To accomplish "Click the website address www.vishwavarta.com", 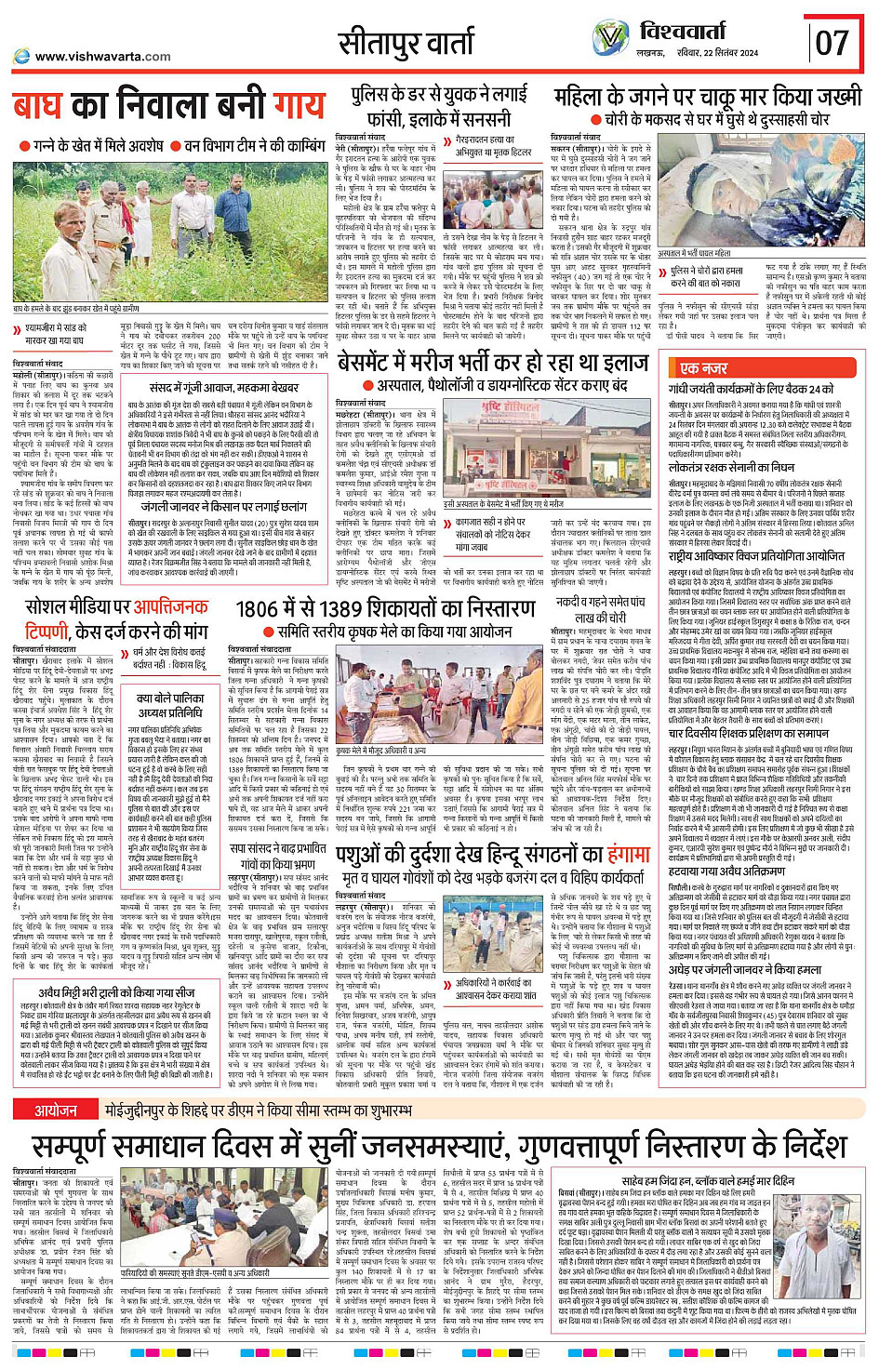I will click(102, 57).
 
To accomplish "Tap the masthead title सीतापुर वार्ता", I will click(406, 43).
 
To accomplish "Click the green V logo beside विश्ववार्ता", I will click(610, 38).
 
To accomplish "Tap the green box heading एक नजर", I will click(703, 368).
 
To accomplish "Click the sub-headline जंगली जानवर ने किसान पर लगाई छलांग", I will click(210, 508).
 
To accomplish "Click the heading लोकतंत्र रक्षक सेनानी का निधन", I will click(731, 468).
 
